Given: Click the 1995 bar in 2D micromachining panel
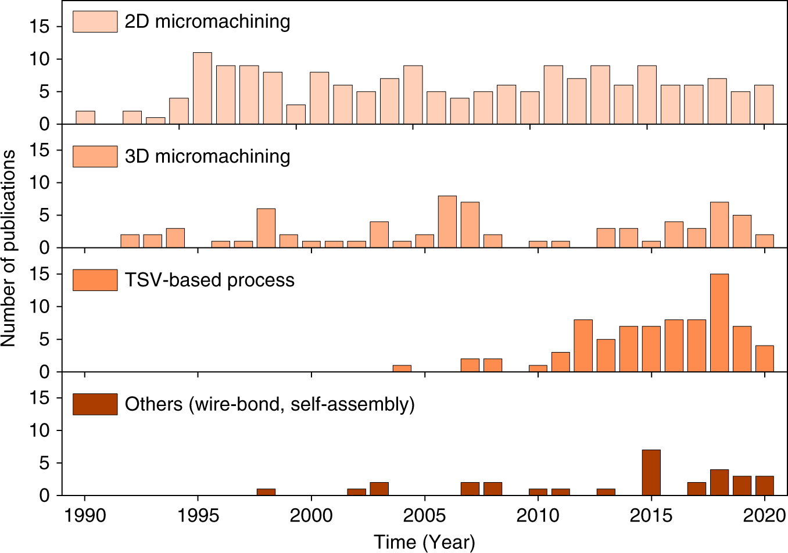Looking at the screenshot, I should (202, 88).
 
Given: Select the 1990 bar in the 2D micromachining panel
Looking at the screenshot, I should (85, 117).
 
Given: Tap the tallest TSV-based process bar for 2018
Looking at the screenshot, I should (719, 322).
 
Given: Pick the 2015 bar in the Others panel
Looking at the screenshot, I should (651, 472).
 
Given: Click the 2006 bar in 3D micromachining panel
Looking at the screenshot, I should (447, 222).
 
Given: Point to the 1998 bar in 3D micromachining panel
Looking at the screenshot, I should (266, 228).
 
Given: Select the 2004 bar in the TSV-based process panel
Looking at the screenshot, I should (402, 368).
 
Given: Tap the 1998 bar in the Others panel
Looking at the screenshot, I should (266, 491).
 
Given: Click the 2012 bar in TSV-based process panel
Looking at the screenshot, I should (583, 345).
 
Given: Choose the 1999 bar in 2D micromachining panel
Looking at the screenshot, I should (296, 114).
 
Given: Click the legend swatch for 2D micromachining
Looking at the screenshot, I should (95, 21).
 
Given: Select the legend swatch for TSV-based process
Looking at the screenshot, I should (95, 280).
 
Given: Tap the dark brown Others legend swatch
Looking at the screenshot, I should (95, 404).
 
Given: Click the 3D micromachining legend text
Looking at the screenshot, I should (207, 156).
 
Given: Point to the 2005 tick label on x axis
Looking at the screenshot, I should (425, 515).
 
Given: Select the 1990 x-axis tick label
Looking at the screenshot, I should (85, 515).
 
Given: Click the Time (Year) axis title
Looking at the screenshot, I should (424, 541).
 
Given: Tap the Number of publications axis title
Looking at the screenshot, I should (9, 248).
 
